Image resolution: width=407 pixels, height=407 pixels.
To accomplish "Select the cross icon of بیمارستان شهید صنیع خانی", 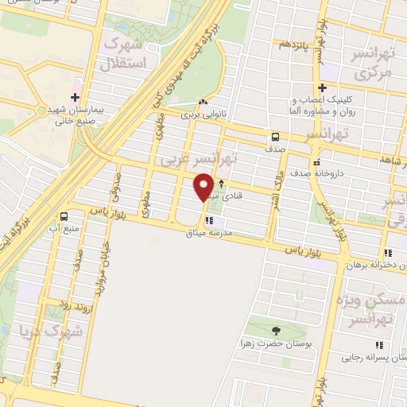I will tap(75, 99).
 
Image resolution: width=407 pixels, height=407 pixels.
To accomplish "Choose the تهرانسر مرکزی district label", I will tap(373, 65).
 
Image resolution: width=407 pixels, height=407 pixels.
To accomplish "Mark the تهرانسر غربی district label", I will tap(199, 159).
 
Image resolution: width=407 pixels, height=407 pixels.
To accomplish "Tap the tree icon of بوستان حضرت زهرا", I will tap(275, 331).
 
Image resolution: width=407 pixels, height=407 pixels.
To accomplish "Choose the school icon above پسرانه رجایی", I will tap(379, 345).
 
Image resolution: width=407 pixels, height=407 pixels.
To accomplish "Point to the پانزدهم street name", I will tap(293, 44).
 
